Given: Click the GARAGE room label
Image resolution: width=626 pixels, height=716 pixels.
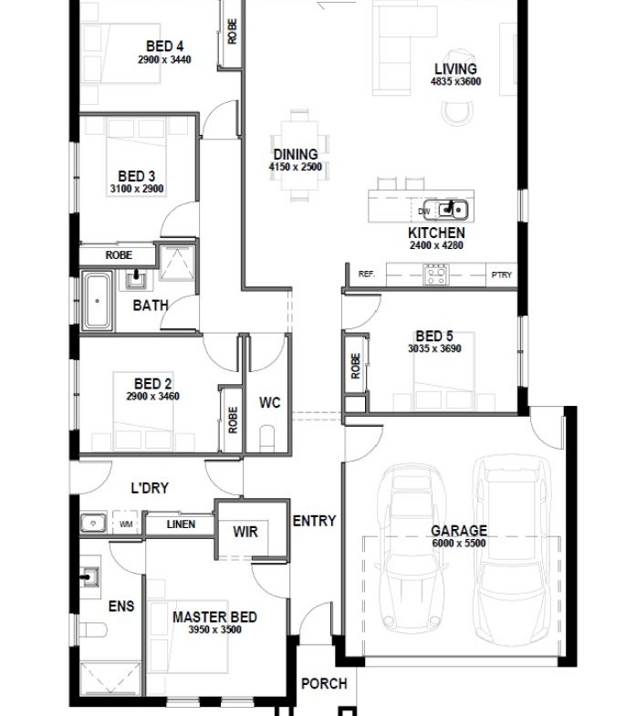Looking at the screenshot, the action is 459,531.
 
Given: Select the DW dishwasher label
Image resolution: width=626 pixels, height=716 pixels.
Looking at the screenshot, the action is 424,212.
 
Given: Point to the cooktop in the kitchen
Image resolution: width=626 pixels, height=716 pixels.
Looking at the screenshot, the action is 435,275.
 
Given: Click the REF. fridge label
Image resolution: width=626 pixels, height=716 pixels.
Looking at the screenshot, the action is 367,274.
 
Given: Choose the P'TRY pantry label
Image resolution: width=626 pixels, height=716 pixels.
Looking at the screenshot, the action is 501,275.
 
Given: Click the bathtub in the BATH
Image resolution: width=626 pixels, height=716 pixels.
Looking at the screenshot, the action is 98,301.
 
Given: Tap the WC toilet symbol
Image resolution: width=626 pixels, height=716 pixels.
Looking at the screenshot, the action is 267,439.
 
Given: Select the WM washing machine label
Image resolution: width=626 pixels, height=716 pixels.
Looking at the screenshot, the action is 126,524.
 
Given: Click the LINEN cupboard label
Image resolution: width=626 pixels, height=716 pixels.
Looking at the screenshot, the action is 181,524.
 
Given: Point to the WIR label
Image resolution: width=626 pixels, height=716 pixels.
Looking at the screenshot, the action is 245,532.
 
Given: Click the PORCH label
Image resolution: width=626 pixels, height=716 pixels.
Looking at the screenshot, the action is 324,683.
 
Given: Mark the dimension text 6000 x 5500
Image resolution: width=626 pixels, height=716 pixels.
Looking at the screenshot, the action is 459,543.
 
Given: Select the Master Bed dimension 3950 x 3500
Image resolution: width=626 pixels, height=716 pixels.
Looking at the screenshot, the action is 214,629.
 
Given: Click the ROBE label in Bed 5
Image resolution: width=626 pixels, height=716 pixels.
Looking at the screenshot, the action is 356,367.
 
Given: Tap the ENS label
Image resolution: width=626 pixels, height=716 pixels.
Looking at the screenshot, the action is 121,606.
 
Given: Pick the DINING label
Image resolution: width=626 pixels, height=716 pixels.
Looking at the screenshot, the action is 296,154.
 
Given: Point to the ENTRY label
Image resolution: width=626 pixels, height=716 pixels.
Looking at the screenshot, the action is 314,521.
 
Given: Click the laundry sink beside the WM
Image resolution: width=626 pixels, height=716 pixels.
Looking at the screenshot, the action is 93,523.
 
